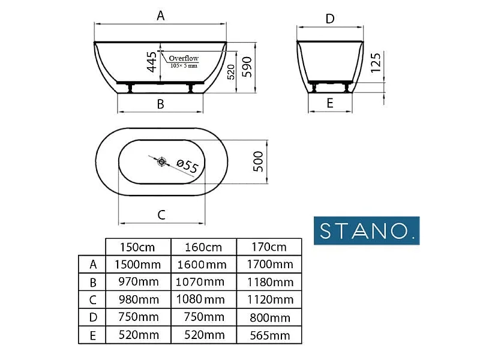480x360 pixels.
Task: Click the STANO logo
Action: [x=367, y=230]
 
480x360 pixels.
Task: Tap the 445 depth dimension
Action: [x=152, y=62]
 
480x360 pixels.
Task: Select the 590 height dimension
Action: [x=247, y=67]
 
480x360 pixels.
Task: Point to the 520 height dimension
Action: [x=231, y=72]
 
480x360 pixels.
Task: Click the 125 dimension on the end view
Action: [x=376, y=63]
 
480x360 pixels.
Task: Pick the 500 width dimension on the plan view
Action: [x=258, y=161]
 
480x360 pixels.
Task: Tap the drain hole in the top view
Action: [x=161, y=161]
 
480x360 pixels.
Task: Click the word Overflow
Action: [x=184, y=58]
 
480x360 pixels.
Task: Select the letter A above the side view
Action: [x=160, y=16]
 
